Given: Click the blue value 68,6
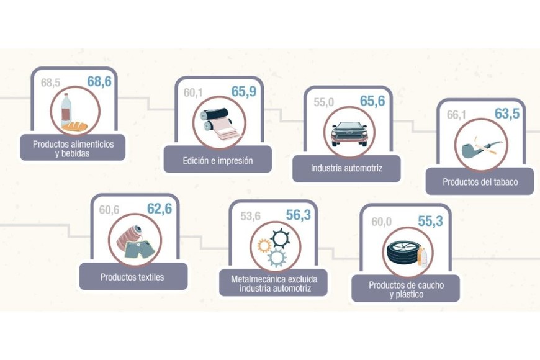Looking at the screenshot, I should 99,81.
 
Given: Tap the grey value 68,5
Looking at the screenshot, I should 51,82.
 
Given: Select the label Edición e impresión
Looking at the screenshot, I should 217,160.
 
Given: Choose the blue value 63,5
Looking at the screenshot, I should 507,114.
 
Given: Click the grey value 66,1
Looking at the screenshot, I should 456,115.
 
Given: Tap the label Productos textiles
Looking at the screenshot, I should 132,277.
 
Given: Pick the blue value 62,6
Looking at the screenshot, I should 159,209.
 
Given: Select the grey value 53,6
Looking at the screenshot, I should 250,216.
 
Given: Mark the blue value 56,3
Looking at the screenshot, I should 298,215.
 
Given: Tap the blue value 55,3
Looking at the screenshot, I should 430,221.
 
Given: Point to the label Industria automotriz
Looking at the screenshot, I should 346,168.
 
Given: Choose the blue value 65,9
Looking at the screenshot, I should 244,92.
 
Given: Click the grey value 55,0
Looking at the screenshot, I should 323,102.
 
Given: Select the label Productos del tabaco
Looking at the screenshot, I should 480,182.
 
